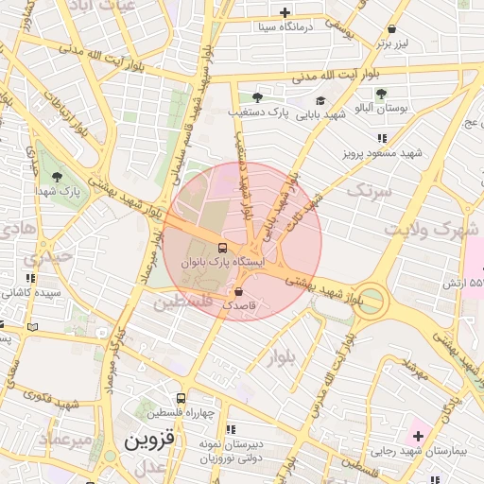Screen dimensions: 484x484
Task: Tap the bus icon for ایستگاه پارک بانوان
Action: pyautogui.click(x=222, y=248)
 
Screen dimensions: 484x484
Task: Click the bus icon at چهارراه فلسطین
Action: pyautogui.click(x=181, y=398)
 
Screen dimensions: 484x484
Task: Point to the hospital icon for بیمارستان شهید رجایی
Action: pyautogui.click(x=419, y=436)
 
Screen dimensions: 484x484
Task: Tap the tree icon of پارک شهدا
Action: pyautogui.click(x=58, y=176)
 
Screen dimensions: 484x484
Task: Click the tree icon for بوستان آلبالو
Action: pyautogui.click(x=381, y=94)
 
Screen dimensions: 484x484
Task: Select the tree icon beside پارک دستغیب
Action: pyautogui.click(x=257, y=97)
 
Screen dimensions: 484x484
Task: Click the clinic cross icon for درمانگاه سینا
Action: pyautogui.click(x=285, y=12)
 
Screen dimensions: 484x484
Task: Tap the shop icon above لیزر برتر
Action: pyautogui.click(x=392, y=28)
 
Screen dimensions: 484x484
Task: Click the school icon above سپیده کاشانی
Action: pyautogui.click(x=30, y=279)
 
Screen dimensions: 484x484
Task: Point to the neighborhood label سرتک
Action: pyautogui.click(x=368, y=190)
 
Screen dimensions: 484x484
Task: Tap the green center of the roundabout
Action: pyautogui.click(x=372, y=302)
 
